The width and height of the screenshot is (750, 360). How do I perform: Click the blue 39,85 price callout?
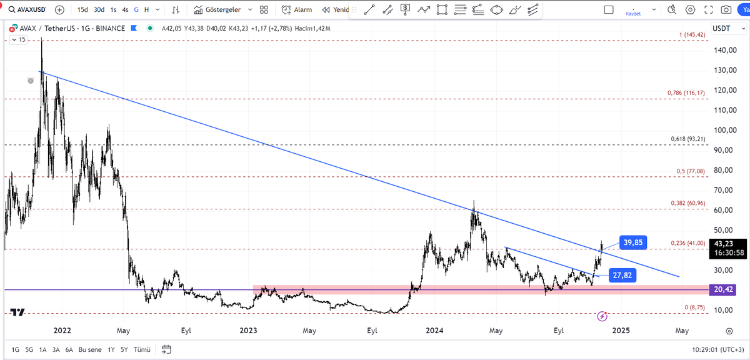pos(633,242)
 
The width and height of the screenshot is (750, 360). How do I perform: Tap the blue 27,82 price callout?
pos(622,275)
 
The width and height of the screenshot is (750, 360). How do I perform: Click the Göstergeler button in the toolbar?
pos(222,10)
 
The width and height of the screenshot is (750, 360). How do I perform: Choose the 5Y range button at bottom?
pos(124,349)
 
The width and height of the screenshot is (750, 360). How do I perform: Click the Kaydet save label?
pos(634,14)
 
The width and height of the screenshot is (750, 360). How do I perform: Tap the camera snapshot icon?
pos(726,10)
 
